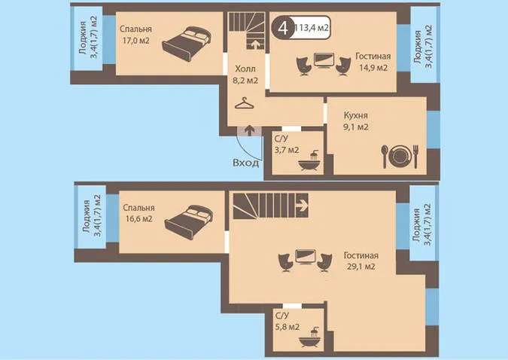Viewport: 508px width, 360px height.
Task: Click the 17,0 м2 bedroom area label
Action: pyautogui.click(x=136, y=41)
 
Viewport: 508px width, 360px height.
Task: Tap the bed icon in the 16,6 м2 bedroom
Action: pyautogui.click(x=189, y=221)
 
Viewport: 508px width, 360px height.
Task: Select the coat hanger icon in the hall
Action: pyautogui.click(x=245, y=103)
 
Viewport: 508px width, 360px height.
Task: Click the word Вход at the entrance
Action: pyautogui.click(x=246, y=163)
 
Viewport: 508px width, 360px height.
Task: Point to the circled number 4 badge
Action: pyautogui.click(x=283, y=28)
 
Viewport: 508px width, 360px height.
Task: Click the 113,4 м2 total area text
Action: pyautogui.click(x=312, y=28)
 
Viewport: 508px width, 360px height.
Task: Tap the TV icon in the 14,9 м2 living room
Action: pyautogui.click(x=324, y=60)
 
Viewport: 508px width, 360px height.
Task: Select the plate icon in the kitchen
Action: pyautogui.click(x=400, y=156)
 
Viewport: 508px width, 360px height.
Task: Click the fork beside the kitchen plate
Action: pyautogui.click(x=416, y=157)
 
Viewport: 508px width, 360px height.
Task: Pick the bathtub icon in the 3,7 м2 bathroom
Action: pyautogui.click(x=310, y=161)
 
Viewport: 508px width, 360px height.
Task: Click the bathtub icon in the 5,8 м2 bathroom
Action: pyautogui.click(x=310, y=338)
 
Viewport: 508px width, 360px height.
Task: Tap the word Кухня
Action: pyautogui.click(x=356, y=115)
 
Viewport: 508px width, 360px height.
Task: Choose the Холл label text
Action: pyautogui.click(x=245, y=69)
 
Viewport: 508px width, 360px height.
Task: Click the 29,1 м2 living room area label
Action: pyautogui.click(x=361, y=267)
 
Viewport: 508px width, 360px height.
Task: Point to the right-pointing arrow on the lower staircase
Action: pyautogui.click(x=303, y=205)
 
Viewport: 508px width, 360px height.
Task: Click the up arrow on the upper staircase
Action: pyautogui.click(x=255, y=44)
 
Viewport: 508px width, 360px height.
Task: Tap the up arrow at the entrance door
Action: pyautogui.click(x=249, y=130)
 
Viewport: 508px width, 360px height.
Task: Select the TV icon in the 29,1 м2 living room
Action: pyautogui.click(x=306, y=257)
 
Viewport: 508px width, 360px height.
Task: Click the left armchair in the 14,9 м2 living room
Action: pyautogui.click(x=304, y=66)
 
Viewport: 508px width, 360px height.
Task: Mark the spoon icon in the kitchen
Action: pyautogui.click(x=385, y=157)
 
